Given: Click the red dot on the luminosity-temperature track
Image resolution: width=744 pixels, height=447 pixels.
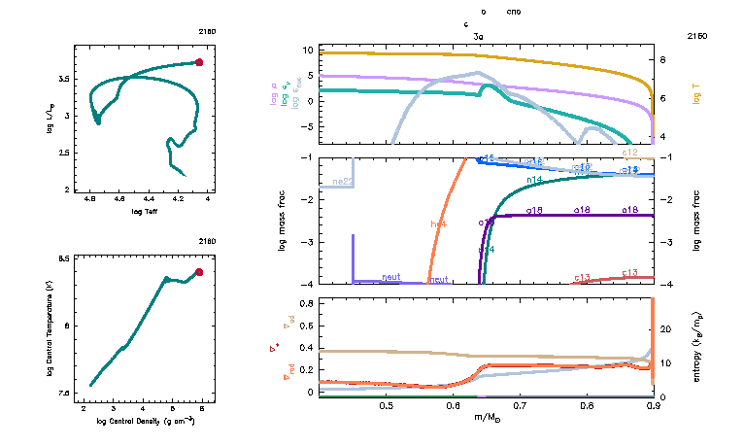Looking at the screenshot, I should (199, 62).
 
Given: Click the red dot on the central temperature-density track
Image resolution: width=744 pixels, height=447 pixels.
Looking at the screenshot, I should (199, 272).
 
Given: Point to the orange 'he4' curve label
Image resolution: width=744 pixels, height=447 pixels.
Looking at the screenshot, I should (438, 224).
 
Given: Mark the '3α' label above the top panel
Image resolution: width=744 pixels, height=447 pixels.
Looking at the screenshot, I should (478, 36).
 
